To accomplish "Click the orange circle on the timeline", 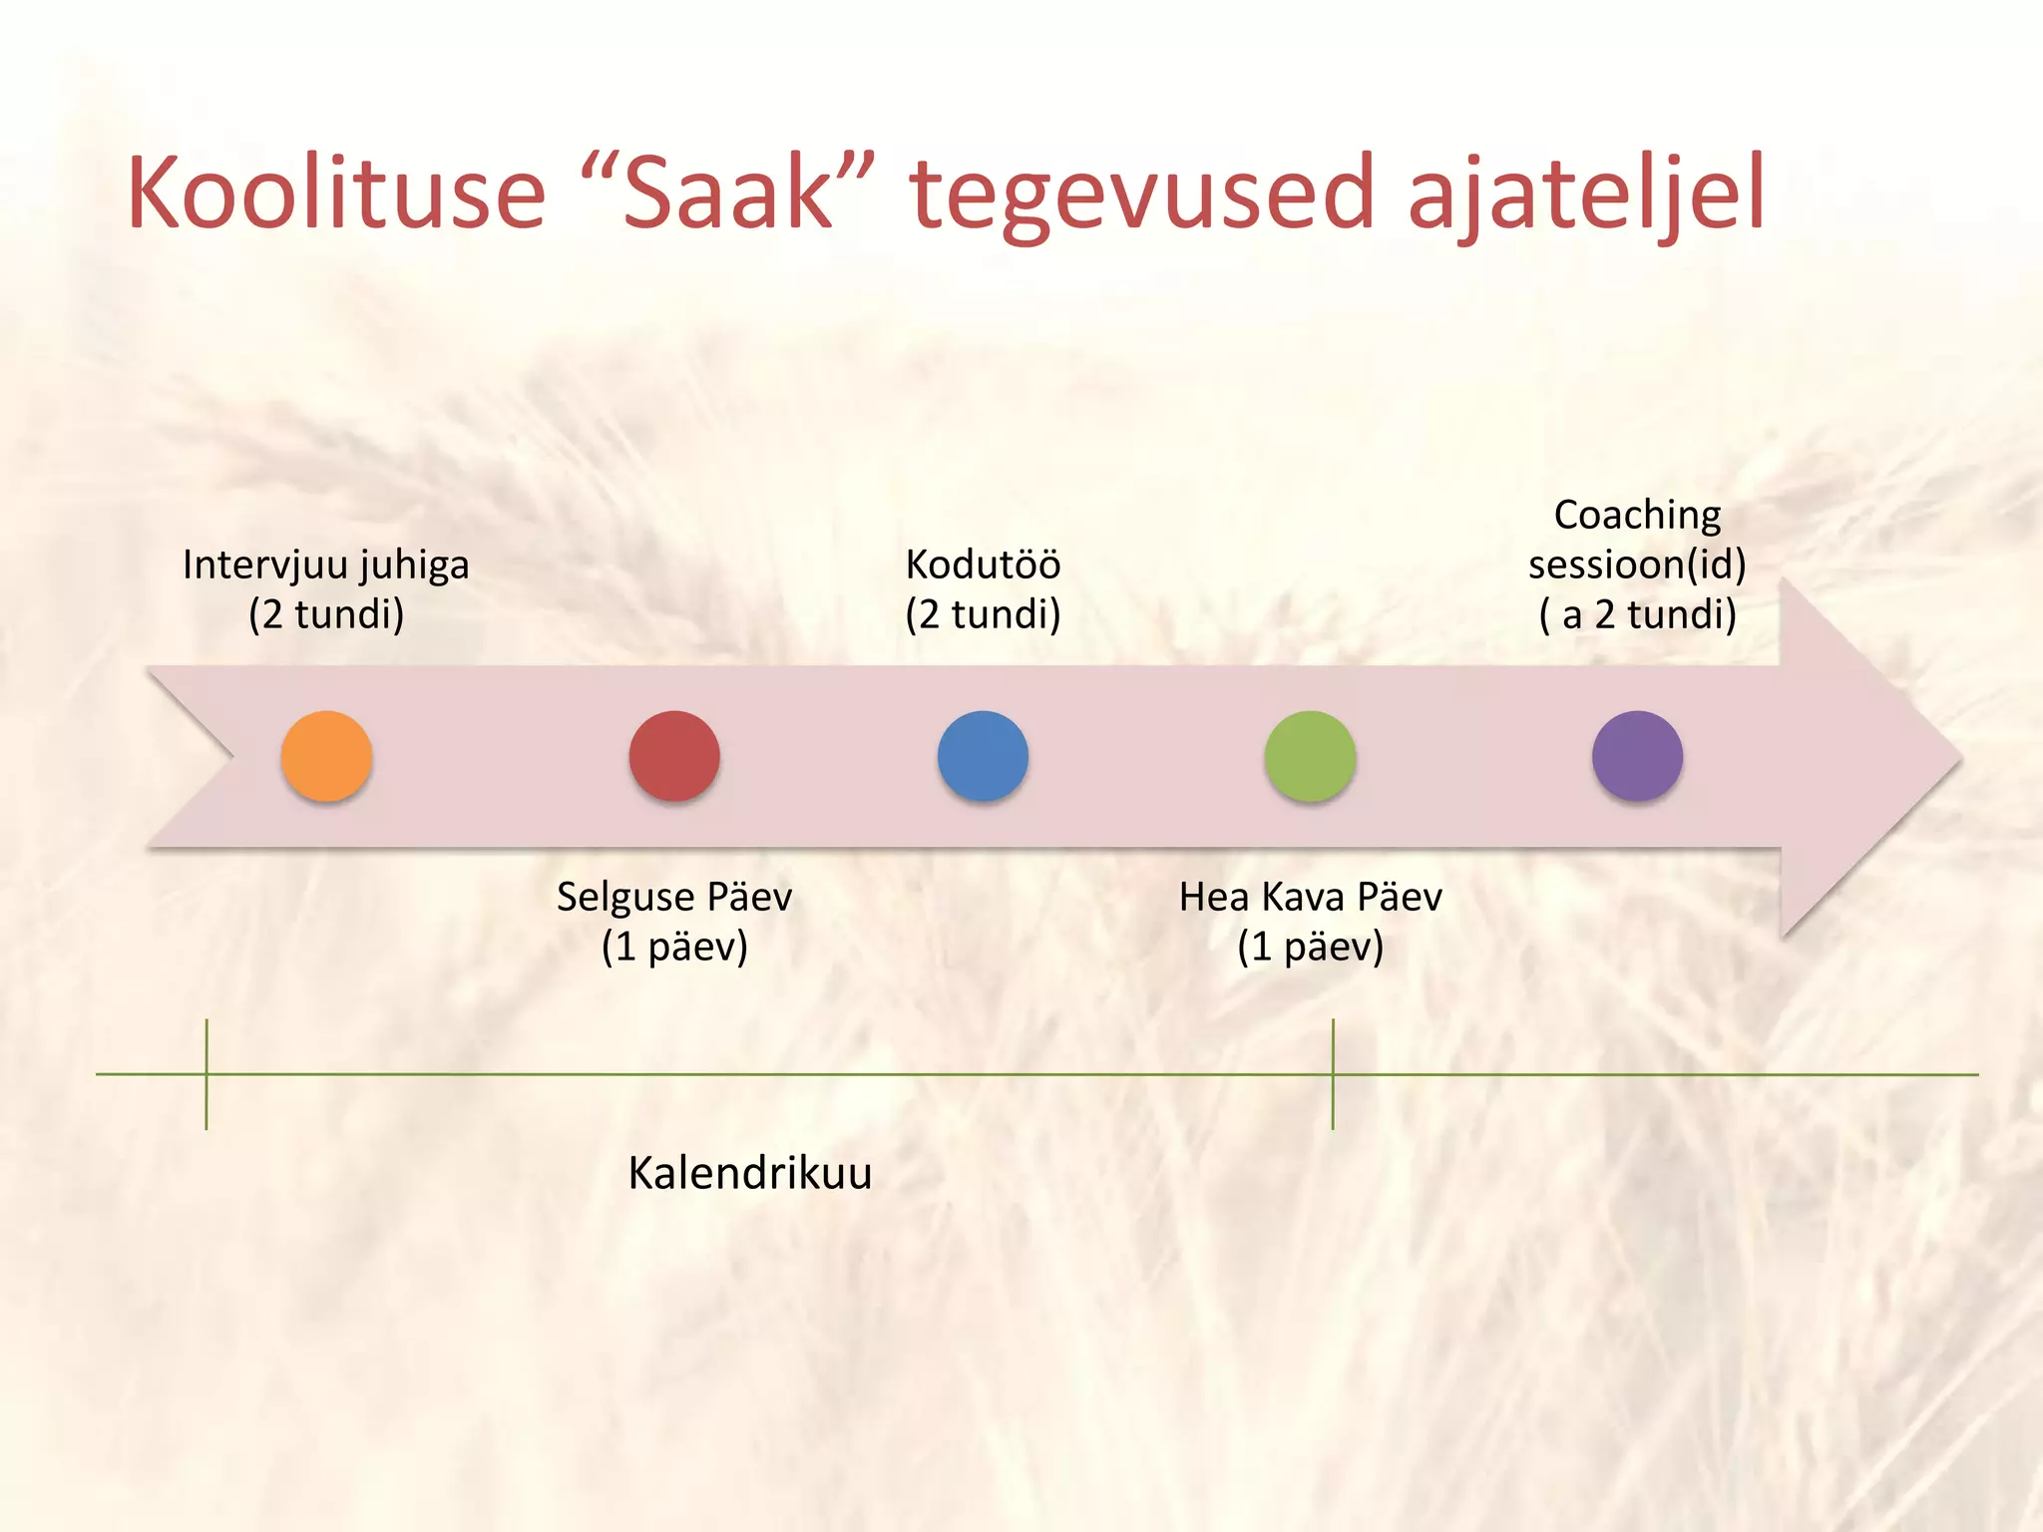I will click(326, 756).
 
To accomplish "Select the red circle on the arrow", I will click(674, 756).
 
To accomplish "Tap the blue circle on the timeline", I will click(983, 756).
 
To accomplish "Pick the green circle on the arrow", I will click(1310, 756).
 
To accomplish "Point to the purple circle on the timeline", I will click(1637, 756).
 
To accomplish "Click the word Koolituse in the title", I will click(336, 192).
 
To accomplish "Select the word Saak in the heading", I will click(727, 192).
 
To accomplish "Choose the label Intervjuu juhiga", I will click(326, 565).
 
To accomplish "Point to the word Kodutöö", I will click(983, 565).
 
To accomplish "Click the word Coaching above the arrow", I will click(1637, 516).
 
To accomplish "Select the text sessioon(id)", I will click(1637, 565).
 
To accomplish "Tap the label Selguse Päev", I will click(674, 897).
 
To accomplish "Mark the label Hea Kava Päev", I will click(1310, 897).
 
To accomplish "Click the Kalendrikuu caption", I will click(749, 1173).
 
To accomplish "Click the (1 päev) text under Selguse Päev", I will click(674, 947).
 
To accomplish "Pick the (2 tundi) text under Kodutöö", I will click(983, 614).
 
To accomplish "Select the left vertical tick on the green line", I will click(206, 1074).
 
